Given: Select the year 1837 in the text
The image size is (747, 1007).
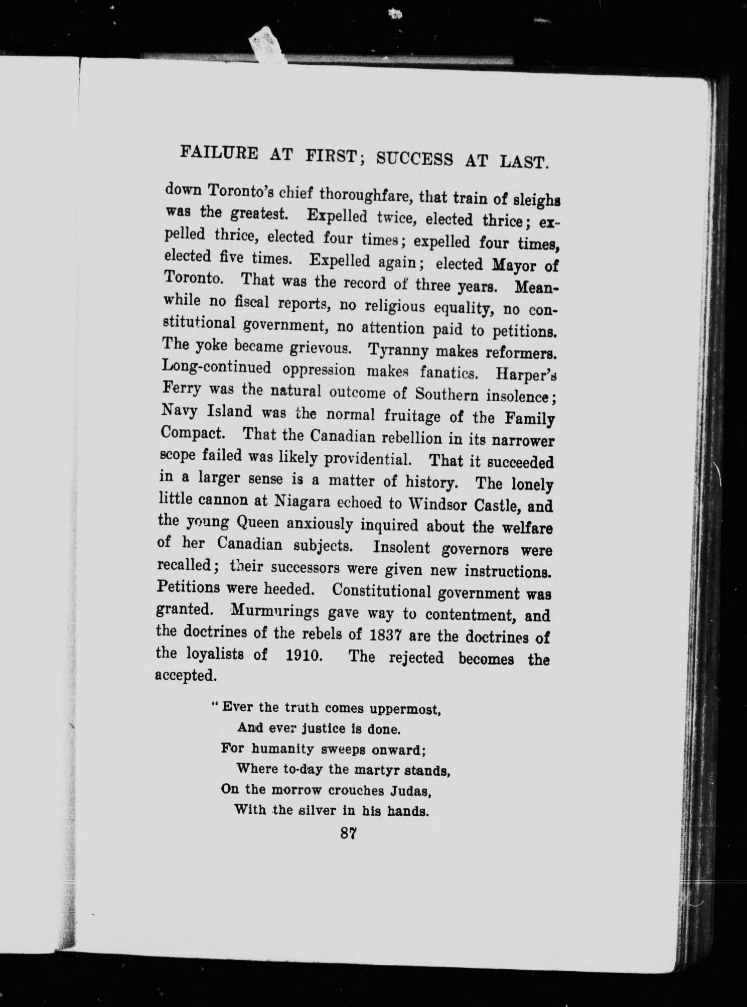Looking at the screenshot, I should point(387,636).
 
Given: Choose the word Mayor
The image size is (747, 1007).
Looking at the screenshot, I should point(508,265).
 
